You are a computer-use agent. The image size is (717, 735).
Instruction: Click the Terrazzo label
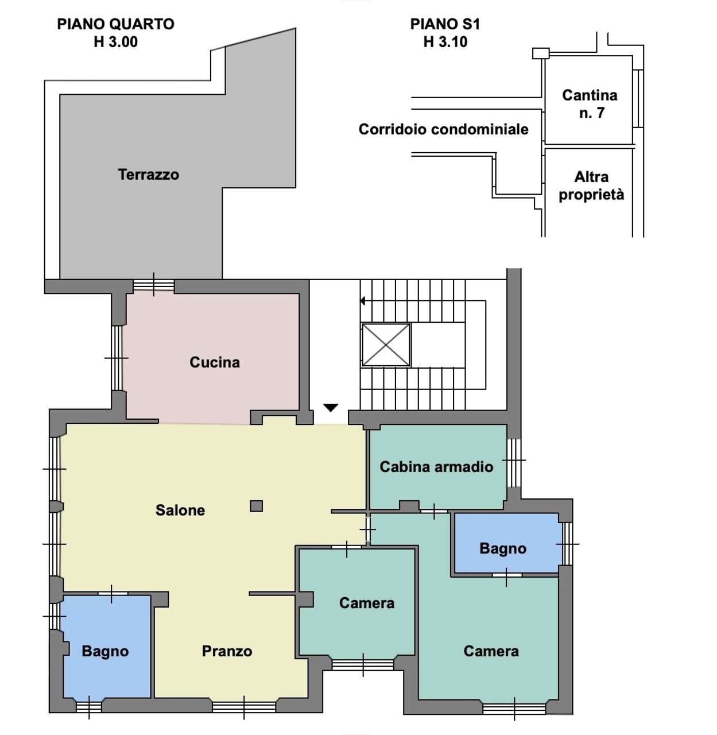pyautogui.click(x=148, y=175)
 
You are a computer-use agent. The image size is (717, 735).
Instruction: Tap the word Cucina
pyautogui.click(x=215, y=362)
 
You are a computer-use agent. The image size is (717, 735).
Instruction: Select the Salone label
pyautogui.click(x=180, y=510)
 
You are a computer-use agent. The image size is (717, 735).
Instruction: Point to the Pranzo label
pyautogui.click(x=227, y=651)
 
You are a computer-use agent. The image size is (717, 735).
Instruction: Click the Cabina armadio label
pyautogui.click(x=436, y=467)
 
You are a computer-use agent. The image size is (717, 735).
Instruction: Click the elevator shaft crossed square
pyautogui.click(x=386, y=345)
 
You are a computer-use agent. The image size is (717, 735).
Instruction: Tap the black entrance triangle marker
pyautogui.click(x=331, y=408)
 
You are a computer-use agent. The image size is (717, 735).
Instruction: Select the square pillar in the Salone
pyautogui.click(x=257, y=506)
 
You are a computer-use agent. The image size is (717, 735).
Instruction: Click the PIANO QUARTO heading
pyautogui.click(x=115, y=24)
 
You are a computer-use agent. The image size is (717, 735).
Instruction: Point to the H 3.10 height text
pyautogui.click(x=445, y=41)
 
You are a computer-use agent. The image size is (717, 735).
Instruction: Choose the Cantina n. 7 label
pyautogui.click(x=590, y=104)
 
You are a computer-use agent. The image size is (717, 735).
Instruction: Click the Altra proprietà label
pyautogui.click(x=591, y=186)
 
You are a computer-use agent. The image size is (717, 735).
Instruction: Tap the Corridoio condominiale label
pyautogui.click(x=443, y=129)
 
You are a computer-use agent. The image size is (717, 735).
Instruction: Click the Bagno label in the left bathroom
pyautogui.click(x=105, y=651)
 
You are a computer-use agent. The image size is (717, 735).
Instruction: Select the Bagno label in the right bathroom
pyautogui.click(x=503, y=548)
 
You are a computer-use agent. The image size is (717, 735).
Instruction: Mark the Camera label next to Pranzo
pyautogui.click(x=367, y=603)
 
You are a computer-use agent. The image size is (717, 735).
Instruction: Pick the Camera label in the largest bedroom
pyautogui.click(x=491, y=651)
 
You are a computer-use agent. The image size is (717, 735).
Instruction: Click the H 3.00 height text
pyautogui.click(x=115, y=41)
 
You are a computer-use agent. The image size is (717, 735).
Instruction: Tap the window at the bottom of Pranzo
pyautogui.click(x=244, y=707)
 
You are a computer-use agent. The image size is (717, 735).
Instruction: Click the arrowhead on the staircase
pyautogui.click(x=362, y=301)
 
